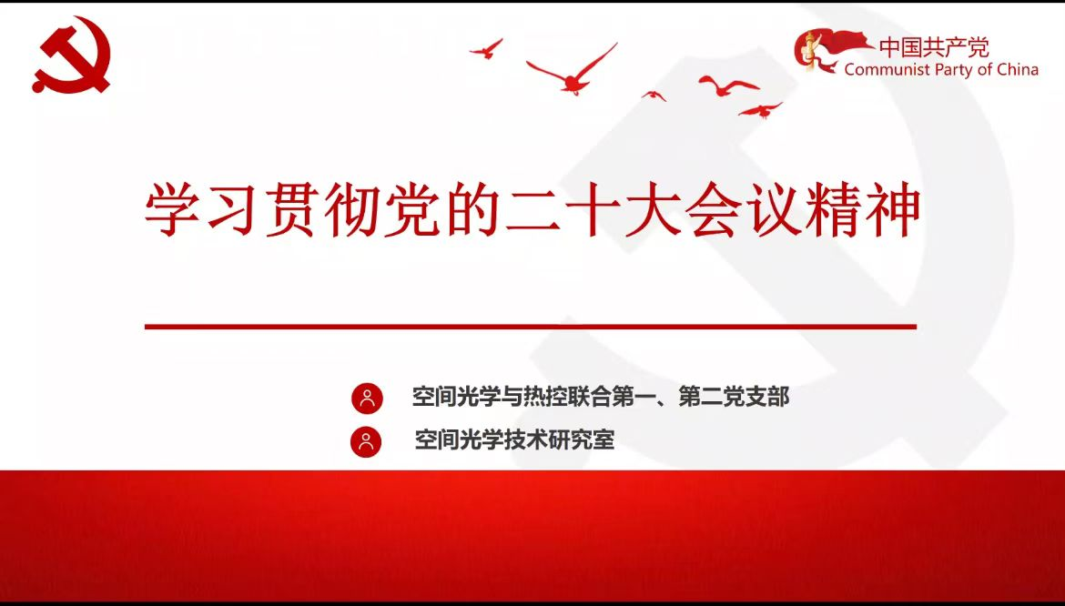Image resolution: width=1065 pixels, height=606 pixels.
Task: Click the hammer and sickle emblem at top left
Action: click(72, 55)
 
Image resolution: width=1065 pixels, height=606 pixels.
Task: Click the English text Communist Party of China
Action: click(941, 69)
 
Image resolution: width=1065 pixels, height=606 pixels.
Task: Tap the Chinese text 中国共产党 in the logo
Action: click(934, 47)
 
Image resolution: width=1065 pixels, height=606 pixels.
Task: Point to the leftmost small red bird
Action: click(486, 49)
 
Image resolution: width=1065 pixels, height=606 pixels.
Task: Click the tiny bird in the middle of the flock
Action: click(654, 96)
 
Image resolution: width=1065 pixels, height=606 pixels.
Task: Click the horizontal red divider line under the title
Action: click(531, 327)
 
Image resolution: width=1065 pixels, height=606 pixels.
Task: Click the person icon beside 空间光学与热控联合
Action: click(368, 399)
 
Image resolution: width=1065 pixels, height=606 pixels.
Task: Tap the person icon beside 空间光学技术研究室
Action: click(366, 442)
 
